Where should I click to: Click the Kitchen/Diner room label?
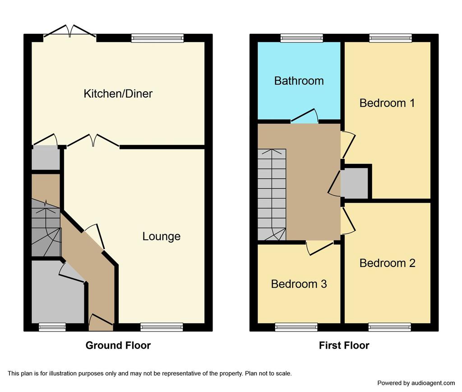(118, 94)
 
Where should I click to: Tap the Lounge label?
(162, 236)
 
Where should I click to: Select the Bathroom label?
(299, 81)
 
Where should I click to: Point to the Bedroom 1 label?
(387, 103)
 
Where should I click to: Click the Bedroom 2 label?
(388, 263)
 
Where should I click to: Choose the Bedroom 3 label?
(299, 284)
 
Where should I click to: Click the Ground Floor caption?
(118, 345)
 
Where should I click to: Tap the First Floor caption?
(344, 345)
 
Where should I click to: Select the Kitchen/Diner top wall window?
(157, 38)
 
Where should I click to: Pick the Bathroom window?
(302, 38)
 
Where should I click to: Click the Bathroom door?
(305, 116)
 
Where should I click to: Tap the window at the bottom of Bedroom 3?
(296, 327)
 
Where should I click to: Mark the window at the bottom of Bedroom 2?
(389, 327)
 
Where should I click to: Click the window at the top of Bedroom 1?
(391, 38)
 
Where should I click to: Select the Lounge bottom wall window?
(162, 327)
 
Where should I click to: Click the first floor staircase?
(272, 195)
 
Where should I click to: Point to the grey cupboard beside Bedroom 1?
(354, 183)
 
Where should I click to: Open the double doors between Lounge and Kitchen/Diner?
(93, 140)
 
